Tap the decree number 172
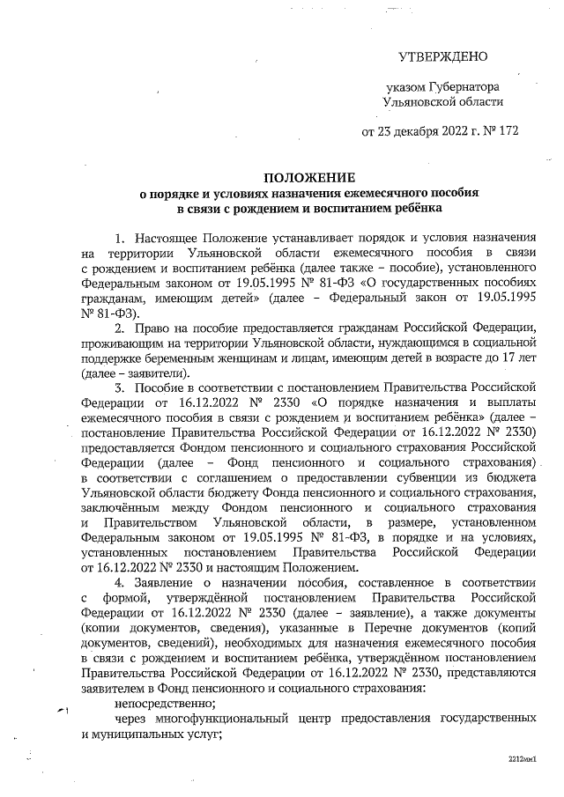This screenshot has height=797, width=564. pyautogui.click(x=507, y=133)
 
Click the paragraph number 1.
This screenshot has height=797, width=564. pyautogui.click(x=120, y=238)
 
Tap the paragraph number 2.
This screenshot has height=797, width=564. pyautogui.click(x=120, y=328)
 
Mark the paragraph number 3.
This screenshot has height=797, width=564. pyautogui.click(x=120, y=387)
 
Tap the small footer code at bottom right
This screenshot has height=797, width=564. pyautogui.click(x=523, y=757)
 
